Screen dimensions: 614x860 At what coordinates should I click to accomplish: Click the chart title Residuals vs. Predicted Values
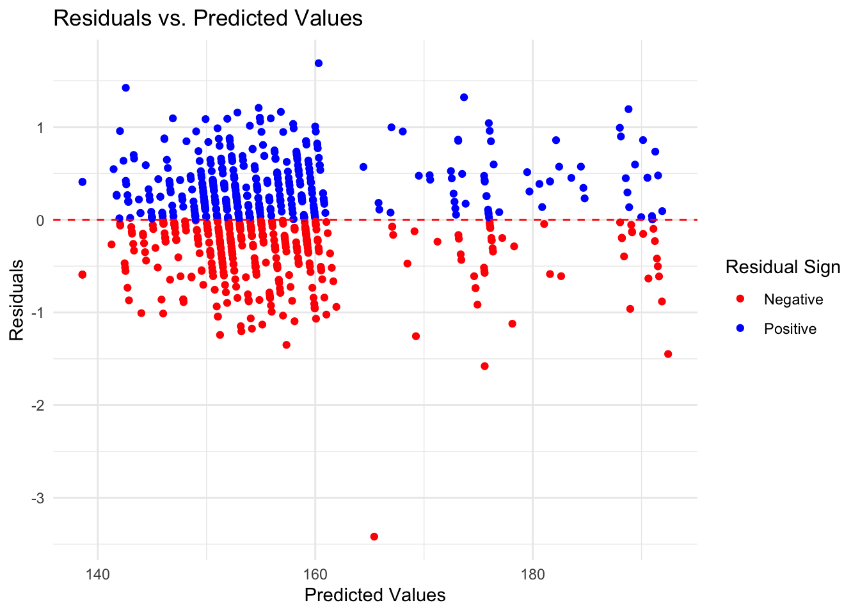tap(208, 18)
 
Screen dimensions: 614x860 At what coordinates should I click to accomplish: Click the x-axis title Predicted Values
tap(375, 595)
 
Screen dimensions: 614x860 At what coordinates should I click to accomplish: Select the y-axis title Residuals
tap(16, 300)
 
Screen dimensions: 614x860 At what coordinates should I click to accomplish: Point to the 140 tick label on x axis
tap(97, 574)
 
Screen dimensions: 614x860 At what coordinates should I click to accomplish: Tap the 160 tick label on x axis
tap(315, 574)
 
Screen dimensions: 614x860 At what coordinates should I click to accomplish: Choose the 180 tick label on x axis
tap(532, 574)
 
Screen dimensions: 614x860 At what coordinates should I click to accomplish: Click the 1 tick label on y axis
tap(40, 127)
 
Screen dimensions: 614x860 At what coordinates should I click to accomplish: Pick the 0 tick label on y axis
tap(40, 220)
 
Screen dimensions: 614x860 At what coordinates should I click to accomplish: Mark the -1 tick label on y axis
tap(38, 313)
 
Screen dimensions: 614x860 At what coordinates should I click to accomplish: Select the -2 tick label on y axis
tap(38, 405)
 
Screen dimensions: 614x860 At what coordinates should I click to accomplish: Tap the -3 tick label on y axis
tap(38, 498)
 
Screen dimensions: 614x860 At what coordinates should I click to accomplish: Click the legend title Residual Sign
tap(783, 267)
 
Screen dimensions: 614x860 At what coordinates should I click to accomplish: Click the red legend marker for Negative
tap(741, 299)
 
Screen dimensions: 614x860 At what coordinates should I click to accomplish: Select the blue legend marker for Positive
tap(741, 329)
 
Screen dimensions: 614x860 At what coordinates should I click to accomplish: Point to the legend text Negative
tap(793, 299)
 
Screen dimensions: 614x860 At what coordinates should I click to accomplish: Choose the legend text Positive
tap(790, 329)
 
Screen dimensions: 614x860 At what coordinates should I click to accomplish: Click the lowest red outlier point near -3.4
tap(374, 537)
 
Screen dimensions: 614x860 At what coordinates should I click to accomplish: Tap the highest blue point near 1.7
tap(319, 63)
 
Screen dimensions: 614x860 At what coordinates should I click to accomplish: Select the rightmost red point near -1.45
tap(668, 354)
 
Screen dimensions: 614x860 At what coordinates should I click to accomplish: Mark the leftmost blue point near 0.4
tap(82, 182)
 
